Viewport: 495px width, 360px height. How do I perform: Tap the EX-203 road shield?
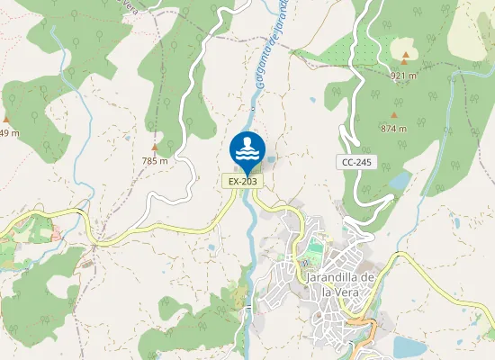point(243,181)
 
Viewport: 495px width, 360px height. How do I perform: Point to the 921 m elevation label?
point(405,75)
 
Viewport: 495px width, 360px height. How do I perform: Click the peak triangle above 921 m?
point(405,56)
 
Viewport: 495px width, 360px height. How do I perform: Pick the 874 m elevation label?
point(394,129)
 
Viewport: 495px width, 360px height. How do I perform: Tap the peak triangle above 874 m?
point(394,114)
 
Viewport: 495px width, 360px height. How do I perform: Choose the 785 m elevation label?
point(155,161)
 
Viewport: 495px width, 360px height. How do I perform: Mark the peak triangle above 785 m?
point(155,147)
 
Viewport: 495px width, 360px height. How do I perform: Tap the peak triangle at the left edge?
point(7,119)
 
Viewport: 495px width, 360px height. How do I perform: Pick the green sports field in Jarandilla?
point(314,246)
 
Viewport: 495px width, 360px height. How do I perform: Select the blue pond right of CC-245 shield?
point(400,182)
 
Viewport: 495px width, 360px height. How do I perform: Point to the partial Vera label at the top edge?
point(132,4)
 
